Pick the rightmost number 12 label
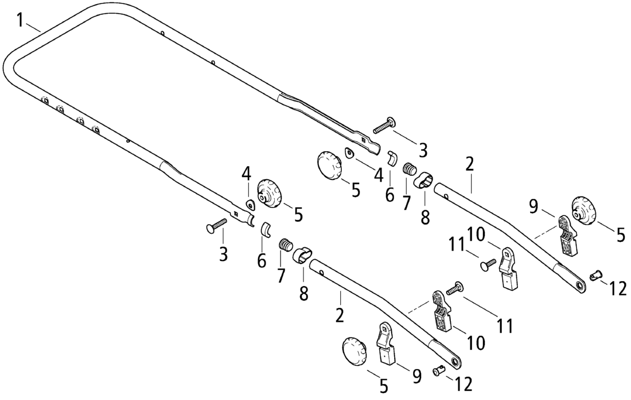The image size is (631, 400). pyautogui.click(x=618, y=289)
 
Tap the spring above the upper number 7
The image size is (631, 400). pyautogui.click(x=408, y=170)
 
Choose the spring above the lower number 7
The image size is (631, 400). pyautogui.click(x=285, y=245)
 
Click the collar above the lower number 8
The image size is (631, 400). pyautogui.click(x=303, y=255)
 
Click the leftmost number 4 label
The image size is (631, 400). pyautogui.click(x=246, y=172)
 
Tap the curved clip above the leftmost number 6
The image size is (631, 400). pyautogui.click(x=266, y=229)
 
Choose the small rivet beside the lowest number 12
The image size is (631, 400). pyautogui.click(x=440, y=371)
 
